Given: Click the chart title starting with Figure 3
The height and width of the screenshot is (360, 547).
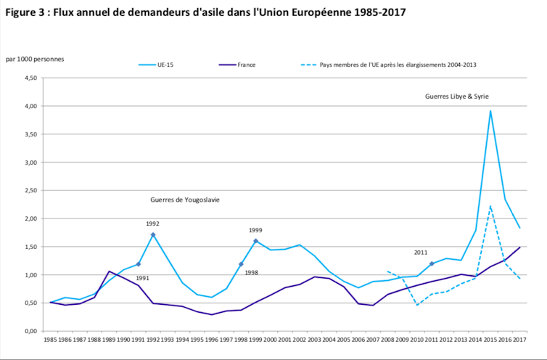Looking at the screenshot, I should (x=205, y=12).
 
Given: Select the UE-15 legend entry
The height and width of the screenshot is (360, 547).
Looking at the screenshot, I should (x=166, y=65).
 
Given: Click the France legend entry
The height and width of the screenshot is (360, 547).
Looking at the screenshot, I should (x=246, y=65).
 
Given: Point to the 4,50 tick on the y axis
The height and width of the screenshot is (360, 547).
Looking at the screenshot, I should (x=31, y=78).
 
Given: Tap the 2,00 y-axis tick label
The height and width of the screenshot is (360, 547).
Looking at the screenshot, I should (x=31, y=218).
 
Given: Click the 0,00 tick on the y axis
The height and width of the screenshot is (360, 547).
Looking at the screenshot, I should (x=31, y=331).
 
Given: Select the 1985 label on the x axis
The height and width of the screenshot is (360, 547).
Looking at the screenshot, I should (x=50, y=339).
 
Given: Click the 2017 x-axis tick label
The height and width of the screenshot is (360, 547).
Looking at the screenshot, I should (x=519, y=339).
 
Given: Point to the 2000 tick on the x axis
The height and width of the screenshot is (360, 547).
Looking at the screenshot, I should (x=270, y=339).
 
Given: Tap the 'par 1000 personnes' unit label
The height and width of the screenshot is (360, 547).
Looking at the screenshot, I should (x=34, y=58).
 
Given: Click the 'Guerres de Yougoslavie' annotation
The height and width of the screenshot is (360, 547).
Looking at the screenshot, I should (x=185, y=199).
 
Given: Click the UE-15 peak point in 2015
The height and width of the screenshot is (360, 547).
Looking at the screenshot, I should (x=490, y=111).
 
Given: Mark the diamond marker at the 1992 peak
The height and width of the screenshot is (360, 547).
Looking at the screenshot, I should (x=153, y=234).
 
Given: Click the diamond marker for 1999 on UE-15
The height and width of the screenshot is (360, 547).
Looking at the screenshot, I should (x=255, y=241).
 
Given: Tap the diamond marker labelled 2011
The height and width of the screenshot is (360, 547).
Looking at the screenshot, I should (x=432, y=263).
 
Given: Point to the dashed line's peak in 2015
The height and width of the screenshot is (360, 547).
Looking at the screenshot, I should (x=490, y=205).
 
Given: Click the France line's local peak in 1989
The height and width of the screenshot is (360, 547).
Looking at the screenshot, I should (x=109, y=271).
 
